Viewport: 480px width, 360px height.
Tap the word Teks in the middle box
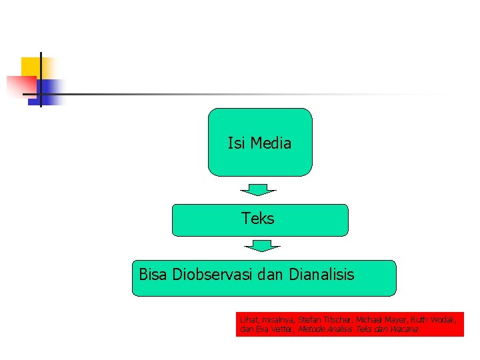tap(258, 218)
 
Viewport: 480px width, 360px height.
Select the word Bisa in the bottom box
tap(153, 274)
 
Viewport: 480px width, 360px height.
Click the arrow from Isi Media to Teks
tap(258, 189)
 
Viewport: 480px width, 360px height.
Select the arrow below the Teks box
tap(262, 246)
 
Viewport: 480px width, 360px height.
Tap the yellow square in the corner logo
tap(31, 67)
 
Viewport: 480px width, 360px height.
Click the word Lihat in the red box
tap(247, 320)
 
